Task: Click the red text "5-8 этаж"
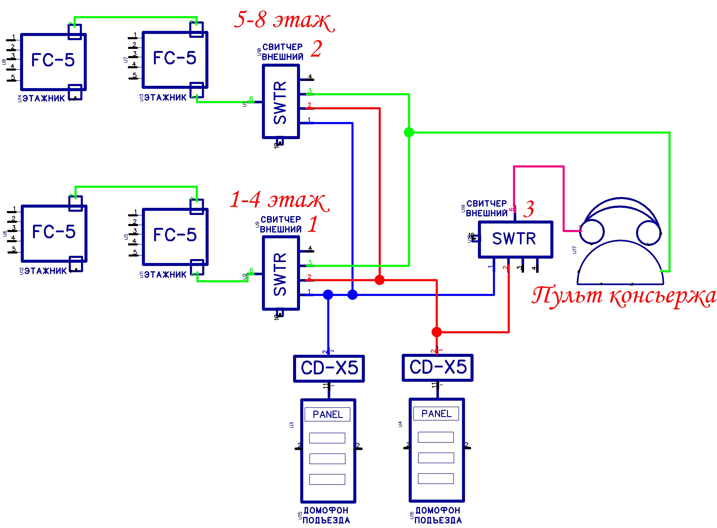pyautogui.click(x=284, y=20)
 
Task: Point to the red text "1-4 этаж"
pyautogui.click(x=279, y=200)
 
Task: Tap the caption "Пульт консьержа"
pyautogui.click(x=623, y=296)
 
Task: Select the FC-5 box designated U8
pyautogui.click(x=53, y=61)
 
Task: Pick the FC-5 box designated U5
pyautogui.click(x=175, y=236)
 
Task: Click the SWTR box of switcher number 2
pyautogui.click(x=280, y=101)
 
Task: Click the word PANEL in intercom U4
pyautogui.click(x=436, y=414)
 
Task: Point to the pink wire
pyautogui.click(x=539, y=167)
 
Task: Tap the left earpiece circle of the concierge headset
pyautogui.click(x=592, y=232)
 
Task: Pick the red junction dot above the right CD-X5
pyautogui.click(x=437, y=332)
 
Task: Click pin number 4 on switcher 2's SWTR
pyautogui.click(x=309, y=77)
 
